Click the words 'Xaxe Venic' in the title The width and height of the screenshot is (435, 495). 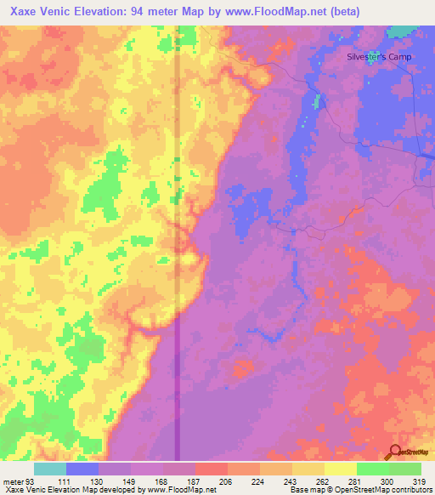(36, 12)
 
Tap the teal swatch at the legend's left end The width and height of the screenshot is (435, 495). (49, 469)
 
